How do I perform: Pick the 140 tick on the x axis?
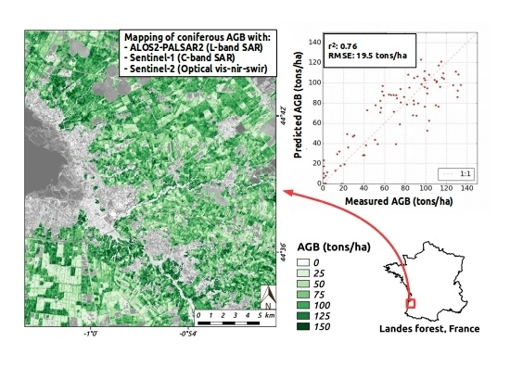click(x=465, y=188)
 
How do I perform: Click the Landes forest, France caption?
click(x=427, y=329)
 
